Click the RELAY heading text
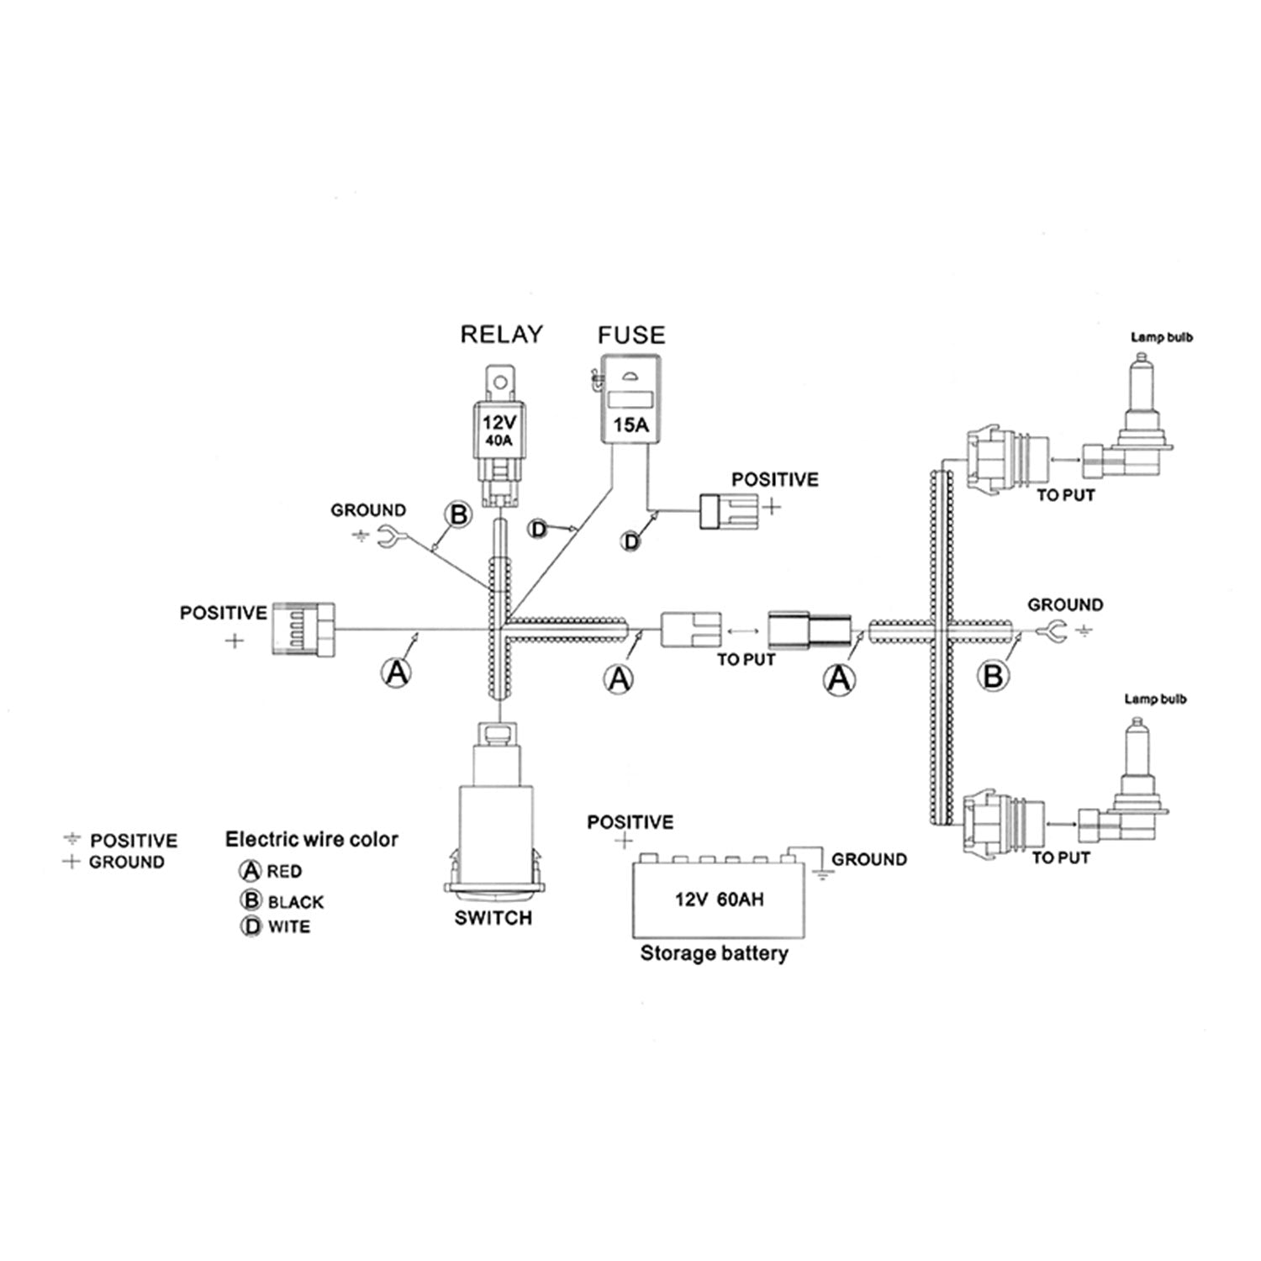coord(502,334)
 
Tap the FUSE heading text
coord(631,335)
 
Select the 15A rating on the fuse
coord(630,425)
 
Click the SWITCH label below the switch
coord(493,918)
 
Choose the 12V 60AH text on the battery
coord(720,900)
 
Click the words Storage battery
coord(715,953)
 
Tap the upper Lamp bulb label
coord(1162,338)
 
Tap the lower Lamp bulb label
coord(1156,699)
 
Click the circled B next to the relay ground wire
coord(459,514)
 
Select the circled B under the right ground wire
coord(994,676)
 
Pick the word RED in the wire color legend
coord(284,872)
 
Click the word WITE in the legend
coord(289,927)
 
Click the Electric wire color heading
coord(312,839)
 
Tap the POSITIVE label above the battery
coord(630,821)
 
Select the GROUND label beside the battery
coord(869,859)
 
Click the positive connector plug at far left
coord(303,628)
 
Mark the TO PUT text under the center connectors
coord(746,660)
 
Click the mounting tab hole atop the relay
coord(502,383)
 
